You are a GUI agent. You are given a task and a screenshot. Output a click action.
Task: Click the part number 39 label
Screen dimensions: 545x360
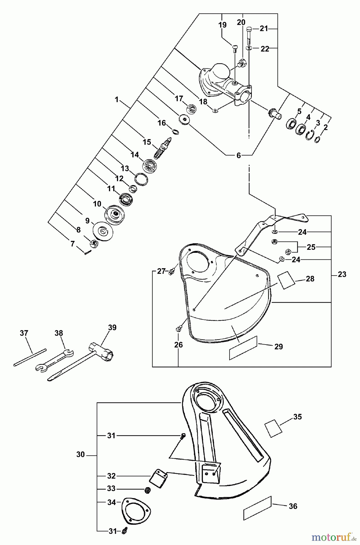[112, 328]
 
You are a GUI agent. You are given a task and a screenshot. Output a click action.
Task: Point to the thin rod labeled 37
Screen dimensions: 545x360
[30, 358]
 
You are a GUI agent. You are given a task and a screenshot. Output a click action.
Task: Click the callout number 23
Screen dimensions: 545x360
[342, 275]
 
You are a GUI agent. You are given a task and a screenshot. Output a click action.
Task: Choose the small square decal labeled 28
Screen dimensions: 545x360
[286, 280]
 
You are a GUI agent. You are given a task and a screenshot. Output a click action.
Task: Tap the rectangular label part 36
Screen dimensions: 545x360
[257, 508]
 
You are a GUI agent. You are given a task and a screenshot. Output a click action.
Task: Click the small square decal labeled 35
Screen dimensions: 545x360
[273, 428]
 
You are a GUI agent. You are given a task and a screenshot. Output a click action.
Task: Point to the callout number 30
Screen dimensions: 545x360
[81, 454]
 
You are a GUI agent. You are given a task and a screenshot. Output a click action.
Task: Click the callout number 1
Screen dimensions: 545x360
[117, 100]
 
